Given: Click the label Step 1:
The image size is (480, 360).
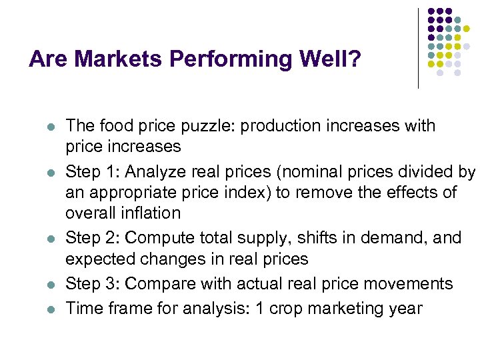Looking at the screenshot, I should click(x=92, y=172).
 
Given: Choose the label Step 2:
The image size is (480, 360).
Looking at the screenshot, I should click(x=92, y=238).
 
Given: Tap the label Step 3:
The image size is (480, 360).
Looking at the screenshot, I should click(x=92, y=284).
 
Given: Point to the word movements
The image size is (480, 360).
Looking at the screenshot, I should click(x=407, y=284).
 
